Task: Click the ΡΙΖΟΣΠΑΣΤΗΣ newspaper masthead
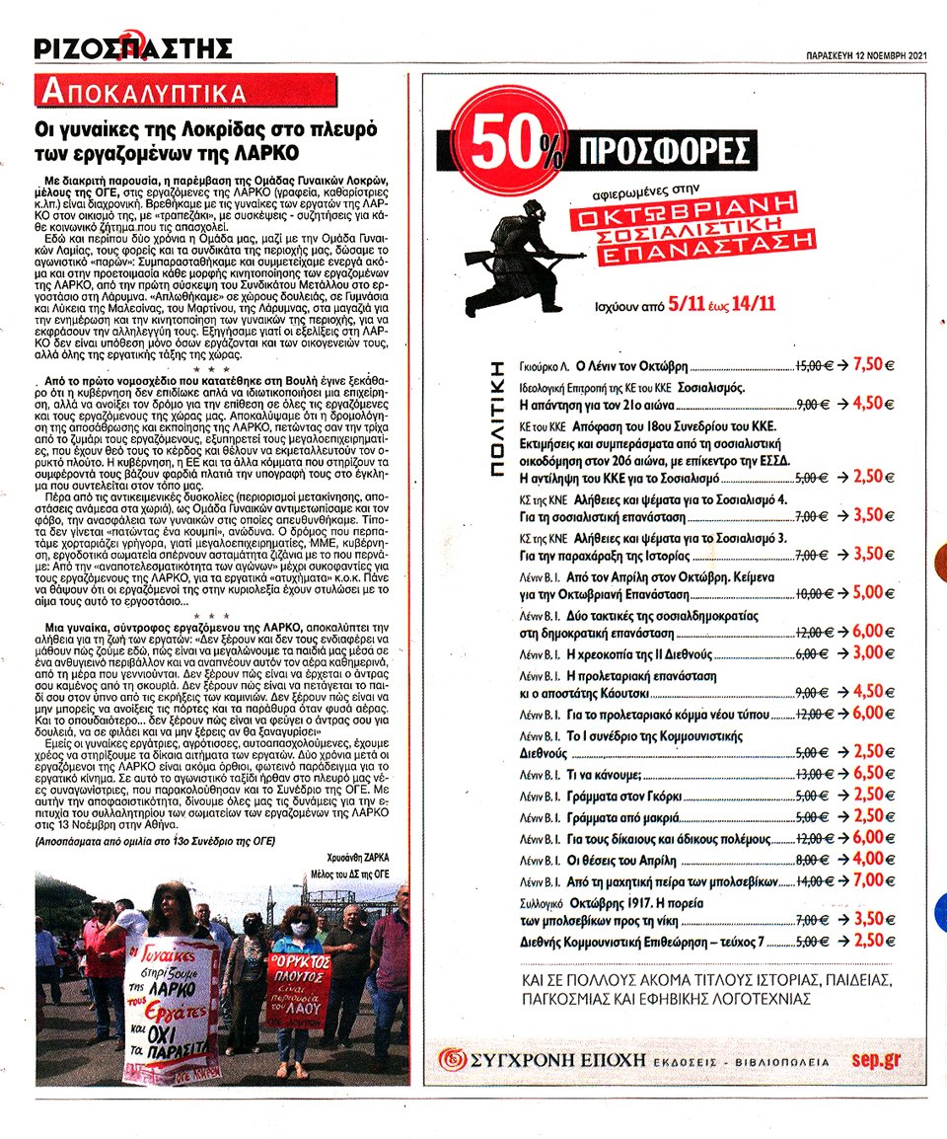132,46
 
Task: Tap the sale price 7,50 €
867,362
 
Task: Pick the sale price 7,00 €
867,879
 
